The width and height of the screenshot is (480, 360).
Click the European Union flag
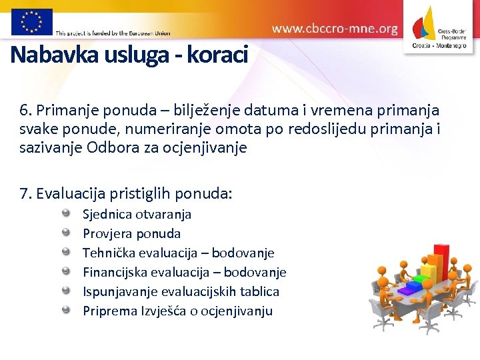pyautogui.click(x=31, y=21)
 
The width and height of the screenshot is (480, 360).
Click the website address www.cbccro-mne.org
pyautogui.click(x=335, y=29)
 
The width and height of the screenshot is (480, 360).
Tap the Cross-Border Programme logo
pyautogui.click(x=441, y=27)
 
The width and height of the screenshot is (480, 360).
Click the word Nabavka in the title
pyautogui.click(x=55, y=55)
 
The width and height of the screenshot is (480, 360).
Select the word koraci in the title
pyautogui.click(x=217, y=55)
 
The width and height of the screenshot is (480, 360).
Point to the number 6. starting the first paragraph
pyautogui.click(x=26, y=110)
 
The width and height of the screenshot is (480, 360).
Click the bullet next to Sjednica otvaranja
pyautogui.click(x=67, y=213)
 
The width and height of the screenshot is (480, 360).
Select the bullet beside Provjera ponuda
pyautogui.click(x=67, y=233)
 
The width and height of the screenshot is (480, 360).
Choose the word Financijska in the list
pyautogui.click(x=115, y=272)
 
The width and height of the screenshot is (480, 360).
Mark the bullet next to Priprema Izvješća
pyautogui.click(x=67, y=310)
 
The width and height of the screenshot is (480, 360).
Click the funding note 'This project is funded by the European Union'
pyautogui.click(x=113, y=33)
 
